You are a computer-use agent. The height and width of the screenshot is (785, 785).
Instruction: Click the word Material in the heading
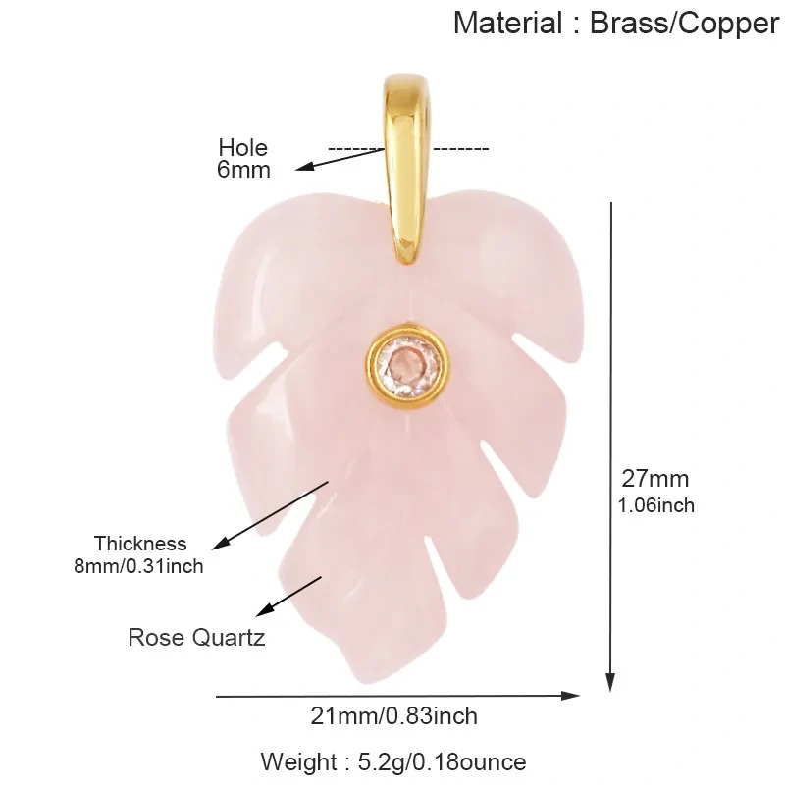pyautogui.click(x=508, y=23)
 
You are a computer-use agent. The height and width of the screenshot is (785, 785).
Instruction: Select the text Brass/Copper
pyautogui.click(x=685, y=24)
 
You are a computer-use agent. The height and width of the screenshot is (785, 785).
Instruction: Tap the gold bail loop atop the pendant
pyautogui.click(x=406, y=170)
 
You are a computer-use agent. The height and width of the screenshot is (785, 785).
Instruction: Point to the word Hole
pyautogui.click(x=242, y=148)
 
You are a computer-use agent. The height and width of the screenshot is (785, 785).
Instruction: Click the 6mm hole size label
pyautogui.click(x=243, y=169)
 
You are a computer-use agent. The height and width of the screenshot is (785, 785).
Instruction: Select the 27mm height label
pyautogui.click(x=655, y=479)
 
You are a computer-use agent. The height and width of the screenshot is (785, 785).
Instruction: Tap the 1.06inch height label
pyautogui.click(x=655, y=505)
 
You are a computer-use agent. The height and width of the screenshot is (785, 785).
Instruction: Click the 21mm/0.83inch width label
pyautogui.click(x=394, y=716)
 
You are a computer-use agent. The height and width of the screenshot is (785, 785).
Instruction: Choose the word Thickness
pyautogui.click(x=140, y=544)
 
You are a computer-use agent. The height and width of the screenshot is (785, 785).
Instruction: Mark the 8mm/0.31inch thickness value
pyautogui.click(x=138, y=567)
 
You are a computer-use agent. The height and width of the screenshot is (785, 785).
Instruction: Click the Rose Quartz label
pyautogui.click(x=196, y=638)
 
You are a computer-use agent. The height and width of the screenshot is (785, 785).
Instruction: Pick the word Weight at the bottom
pyautogui.click(x=298, y=762)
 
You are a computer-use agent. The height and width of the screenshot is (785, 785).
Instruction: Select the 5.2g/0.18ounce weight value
pyautogui.click(x=443, y=762)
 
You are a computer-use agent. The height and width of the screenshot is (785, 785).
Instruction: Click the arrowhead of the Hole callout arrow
pyautogui.click(x=304, y=167)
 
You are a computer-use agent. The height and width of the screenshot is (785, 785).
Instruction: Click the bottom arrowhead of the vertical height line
pyautogui.click(x=610, y=682)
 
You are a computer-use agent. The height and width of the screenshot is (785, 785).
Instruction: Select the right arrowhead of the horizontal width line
pyautogui.click(x=571, y=696)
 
